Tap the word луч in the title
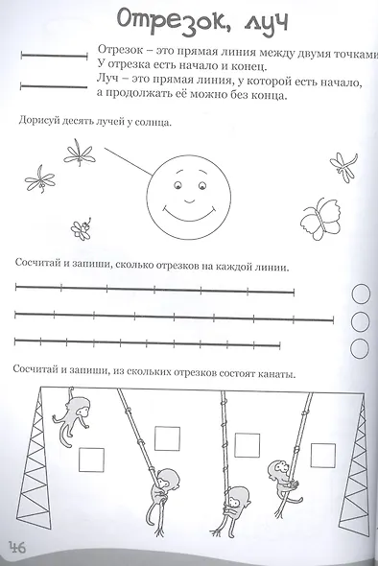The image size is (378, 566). click(x=256, y=20)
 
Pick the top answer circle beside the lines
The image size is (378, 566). click(x=363, y=294)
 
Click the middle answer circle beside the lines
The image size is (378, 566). click(x=363, y=320)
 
